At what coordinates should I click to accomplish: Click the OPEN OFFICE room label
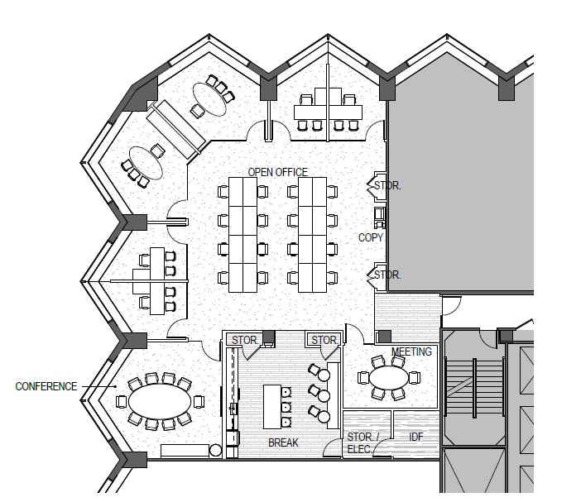(x=277, y=172)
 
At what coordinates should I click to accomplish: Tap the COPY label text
(x=370, y=237)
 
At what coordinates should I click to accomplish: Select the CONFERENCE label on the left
(x=46, y=386)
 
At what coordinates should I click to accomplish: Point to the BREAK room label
(x=282, y=443)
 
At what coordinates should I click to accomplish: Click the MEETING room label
(x=411, y=351)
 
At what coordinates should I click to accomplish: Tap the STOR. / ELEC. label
(x=360, y=442)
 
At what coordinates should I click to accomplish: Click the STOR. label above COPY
(x=387, y=186)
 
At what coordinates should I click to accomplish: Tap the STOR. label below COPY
(x=387, y=275)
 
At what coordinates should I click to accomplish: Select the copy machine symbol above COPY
(x=379, y=216)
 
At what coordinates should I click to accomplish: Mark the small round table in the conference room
(x=216, y=451)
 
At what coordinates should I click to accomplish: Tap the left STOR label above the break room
(x=243, y=340)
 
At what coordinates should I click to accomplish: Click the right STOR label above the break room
(x=324, y=340)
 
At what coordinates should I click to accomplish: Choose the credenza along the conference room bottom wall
(x=185, y=451)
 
